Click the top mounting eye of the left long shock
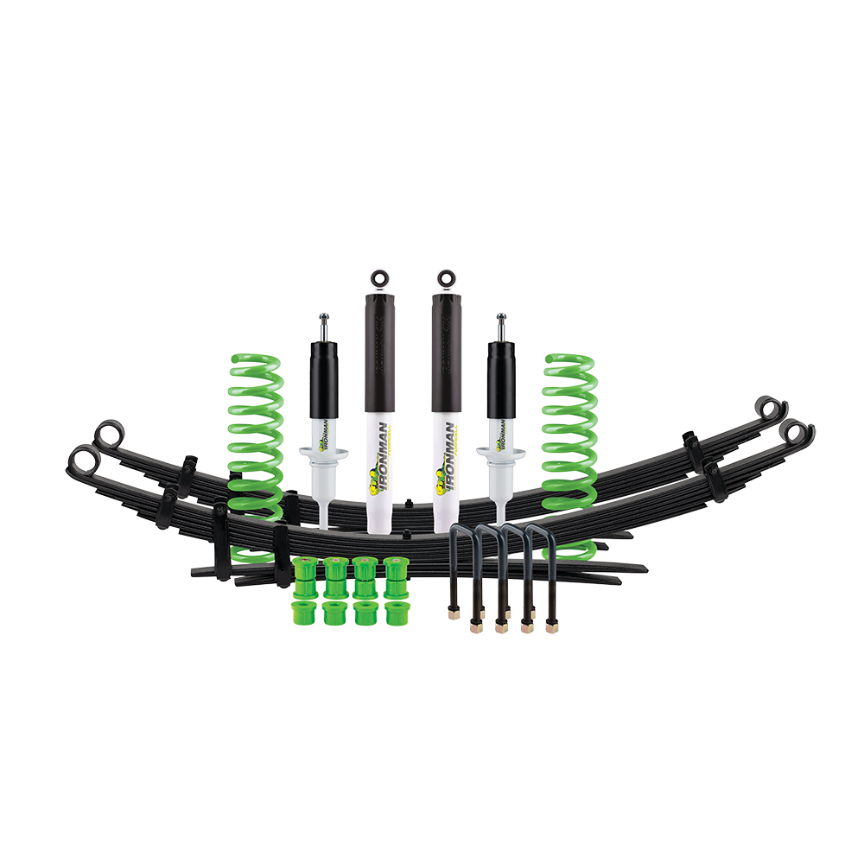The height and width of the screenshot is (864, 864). [378, 278]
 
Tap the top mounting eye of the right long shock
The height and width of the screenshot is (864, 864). [446, 278]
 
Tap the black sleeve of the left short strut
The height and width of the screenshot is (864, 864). [322, 380]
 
